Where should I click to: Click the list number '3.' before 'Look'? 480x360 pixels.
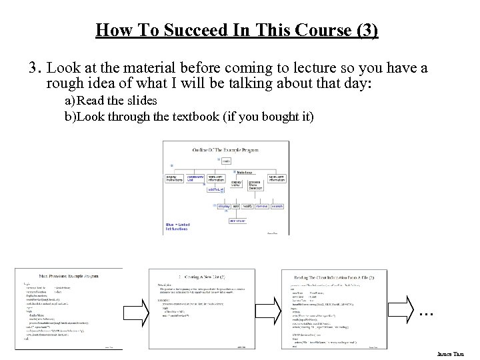tap(35, 69)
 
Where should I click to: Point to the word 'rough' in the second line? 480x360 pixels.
tap(64, 85)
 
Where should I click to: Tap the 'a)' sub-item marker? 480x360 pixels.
tap(70, 101)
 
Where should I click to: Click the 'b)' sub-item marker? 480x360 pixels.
tap(70, 116)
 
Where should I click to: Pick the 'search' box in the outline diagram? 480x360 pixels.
tap(277, 207)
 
